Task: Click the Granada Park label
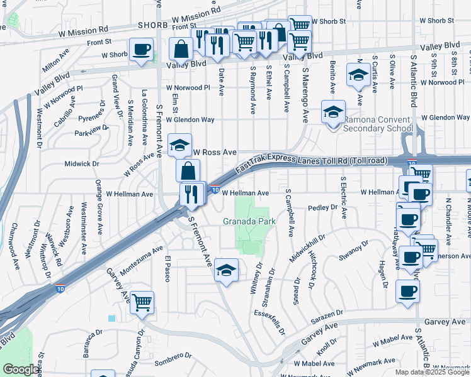[249, 222]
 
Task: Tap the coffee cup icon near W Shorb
[141, 48]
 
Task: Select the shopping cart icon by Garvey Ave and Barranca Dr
[142, 303]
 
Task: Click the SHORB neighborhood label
[153, 26]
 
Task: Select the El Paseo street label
[167, 269]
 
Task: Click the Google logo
[21, 369]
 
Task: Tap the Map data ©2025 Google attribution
[432, 372]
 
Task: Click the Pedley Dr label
[325, 208]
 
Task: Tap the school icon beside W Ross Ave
[179, 145]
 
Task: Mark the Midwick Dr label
[82, 164]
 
